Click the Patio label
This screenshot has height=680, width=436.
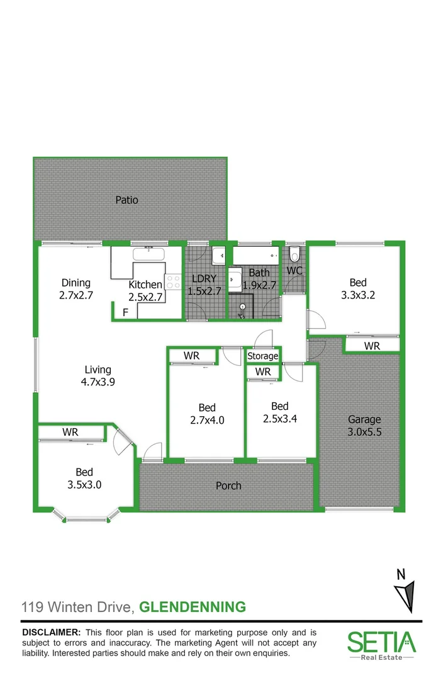tap(126, 200)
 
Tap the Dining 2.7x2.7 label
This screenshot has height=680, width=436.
tap(75, 288)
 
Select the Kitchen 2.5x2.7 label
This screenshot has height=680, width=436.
tap(145, 290)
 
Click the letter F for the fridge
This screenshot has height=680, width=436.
tap(125, 312)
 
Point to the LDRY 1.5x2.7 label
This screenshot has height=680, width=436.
tap(204, 285)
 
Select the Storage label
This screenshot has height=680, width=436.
tap(262, 356)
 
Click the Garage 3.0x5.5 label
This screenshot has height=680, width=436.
tap(365, 426)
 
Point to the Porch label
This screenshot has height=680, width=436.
tap(228, 485)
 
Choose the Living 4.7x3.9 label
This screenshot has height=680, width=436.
tap(98, 375)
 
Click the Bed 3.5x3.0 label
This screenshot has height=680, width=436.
tap(84, 479)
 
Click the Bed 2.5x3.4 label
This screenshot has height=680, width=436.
tap(279, 412)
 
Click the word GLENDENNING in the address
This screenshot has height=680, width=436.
tap(192, 608)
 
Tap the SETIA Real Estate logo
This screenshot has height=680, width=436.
tap(381, 644)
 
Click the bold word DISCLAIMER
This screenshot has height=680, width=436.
tap(51, 632)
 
